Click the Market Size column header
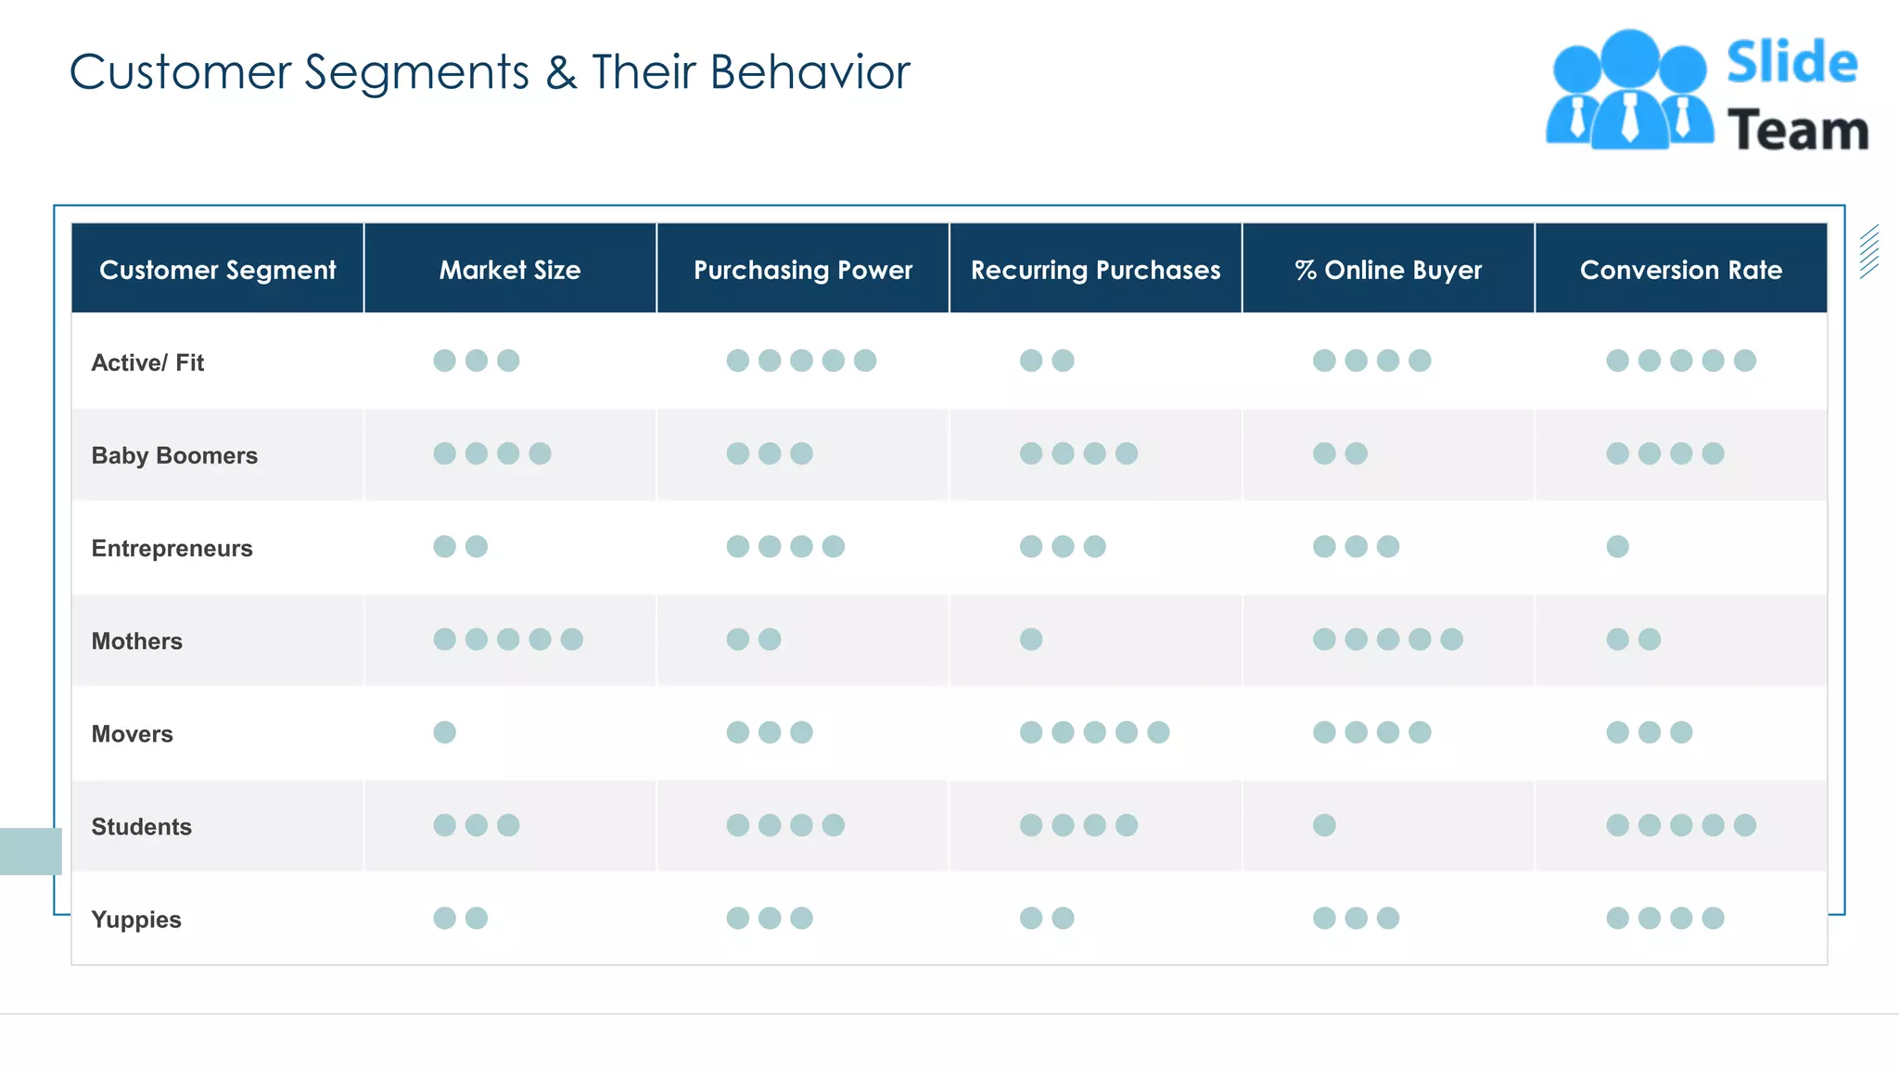coord(510,270)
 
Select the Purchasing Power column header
coord(803,270)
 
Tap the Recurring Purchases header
coord(1095,270)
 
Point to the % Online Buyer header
coord(1388,270)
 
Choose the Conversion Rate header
coord(1680,270)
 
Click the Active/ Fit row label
coord(147,362)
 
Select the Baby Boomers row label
coord(174,455)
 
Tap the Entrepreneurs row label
coord(172,548)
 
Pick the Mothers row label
coord(136,641)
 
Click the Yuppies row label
coord(136,920)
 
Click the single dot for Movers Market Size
coord(445,732)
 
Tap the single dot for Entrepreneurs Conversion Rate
coord(1617,546)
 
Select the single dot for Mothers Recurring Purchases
coord(1031,639)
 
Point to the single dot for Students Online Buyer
coord(1324,825)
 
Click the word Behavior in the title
coord(809,72)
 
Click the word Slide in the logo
coord(1791,63)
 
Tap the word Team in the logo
coord(1798,130)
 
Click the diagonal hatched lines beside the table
coord(1869,251)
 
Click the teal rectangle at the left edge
coord(31,851)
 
